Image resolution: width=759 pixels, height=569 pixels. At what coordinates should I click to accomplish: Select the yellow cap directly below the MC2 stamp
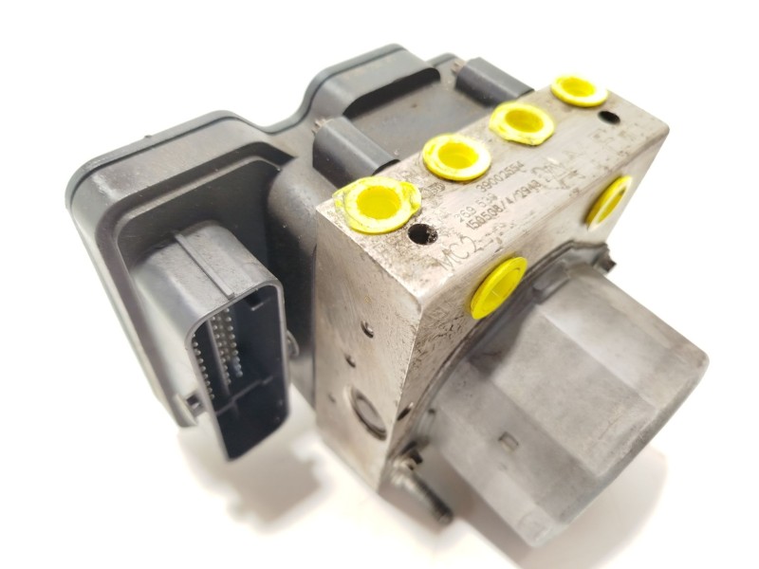497,286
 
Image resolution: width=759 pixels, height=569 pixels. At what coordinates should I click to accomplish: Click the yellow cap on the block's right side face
607,199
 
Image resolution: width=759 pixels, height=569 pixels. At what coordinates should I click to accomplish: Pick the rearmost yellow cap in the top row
579,90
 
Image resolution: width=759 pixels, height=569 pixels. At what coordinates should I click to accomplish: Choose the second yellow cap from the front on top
456,156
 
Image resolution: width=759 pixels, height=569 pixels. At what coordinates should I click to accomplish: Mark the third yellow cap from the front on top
522,123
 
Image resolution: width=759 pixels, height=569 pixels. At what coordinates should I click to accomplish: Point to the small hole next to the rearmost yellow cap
609,118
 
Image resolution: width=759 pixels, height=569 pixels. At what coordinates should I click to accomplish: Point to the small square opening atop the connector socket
255,301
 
